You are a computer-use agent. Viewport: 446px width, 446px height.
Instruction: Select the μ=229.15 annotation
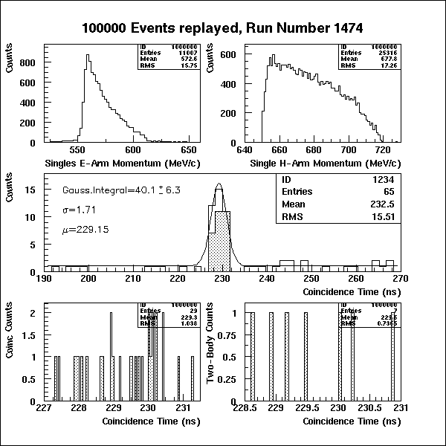coord(85,230)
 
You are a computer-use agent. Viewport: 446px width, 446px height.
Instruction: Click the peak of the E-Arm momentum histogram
coord(87,55)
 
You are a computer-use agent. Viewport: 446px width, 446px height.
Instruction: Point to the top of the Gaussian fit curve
coord(219,184)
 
